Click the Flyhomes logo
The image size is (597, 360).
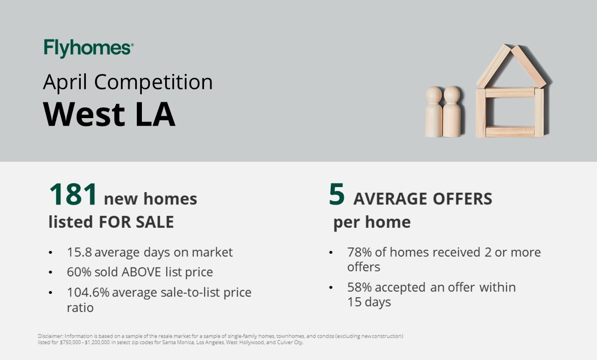[x=88, y=49]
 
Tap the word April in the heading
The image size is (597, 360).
[x=65, y=83]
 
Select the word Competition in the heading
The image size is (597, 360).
[x=153, y=82]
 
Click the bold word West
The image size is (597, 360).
[x=84, y=114]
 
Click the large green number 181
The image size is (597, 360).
[x=73, y=194]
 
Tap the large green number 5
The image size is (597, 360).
[x=336, y=194]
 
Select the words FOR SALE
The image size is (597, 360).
[x=136, y=222]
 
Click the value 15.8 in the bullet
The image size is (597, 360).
[x=79, y=252]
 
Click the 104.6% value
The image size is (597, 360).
[x=88, y=292]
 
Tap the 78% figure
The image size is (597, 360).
[x=360, y=252]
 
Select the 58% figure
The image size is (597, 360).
[x=360, y=287]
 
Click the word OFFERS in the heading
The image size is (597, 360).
[x=462, y=199]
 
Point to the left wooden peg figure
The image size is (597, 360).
[x=434, y=112]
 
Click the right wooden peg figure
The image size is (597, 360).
[x=452, y=111]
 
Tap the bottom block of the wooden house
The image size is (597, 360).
[x=510, y=131]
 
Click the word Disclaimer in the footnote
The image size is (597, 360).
[x=50, y=336]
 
